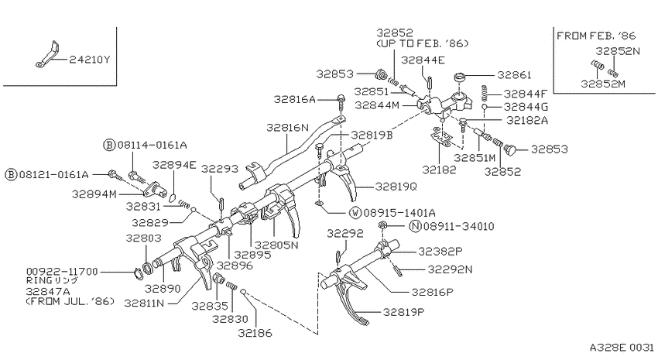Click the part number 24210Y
coord(89,60)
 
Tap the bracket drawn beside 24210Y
coord(48,55)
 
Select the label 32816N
coord(287,128)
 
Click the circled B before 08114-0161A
coord(109,146)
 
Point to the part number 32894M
coord(94,194)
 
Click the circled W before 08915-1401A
coord(355,213)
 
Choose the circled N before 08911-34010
coord(415,227)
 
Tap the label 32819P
coord(403,312)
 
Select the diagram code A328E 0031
coord(622,348)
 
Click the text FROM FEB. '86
coord(596,36)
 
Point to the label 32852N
coord(618,51)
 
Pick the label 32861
coord(514,75)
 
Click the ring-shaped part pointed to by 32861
coord(461,77)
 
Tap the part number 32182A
coord(527,121)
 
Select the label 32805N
coord(276,245)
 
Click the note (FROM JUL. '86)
coord(70,301)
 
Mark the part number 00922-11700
coord(62,272)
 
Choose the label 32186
coord(255,333)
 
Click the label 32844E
coord(423,60)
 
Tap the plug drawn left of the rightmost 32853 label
coord(510,149)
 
